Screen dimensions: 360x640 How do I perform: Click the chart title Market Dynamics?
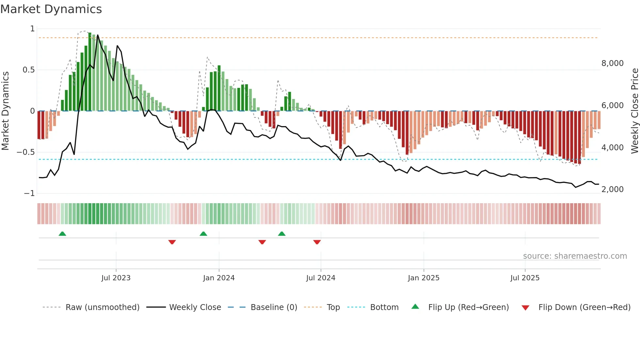(x=51, y=9)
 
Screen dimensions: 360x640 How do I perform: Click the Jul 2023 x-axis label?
(x=116, y=278)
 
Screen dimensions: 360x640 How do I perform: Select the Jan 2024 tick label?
(x=219, y=278)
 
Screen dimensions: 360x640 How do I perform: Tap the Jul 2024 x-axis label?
(x=321, y=278)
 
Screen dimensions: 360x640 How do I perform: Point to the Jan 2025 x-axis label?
(x=424, y=278)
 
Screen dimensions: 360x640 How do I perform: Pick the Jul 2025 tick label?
(x=525, y=278)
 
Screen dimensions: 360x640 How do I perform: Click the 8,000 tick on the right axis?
(x=612, y=63)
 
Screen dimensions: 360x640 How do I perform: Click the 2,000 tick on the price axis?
(x=612, y=189)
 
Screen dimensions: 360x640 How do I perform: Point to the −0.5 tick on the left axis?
(x=25, y=152)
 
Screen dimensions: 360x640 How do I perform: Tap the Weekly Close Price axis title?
(x=634, y=111)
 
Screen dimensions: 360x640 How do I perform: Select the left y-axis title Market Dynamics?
(x=5, y=111)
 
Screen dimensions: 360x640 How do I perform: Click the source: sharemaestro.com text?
(x=575, y=256)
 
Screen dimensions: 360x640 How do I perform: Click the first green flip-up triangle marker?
(x=62, y=234)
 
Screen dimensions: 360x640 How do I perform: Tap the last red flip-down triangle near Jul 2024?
(x=317, y=242)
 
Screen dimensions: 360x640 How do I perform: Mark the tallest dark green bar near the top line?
(x=90, y=72)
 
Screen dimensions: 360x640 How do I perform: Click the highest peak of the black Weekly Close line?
(x=98, y=35)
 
